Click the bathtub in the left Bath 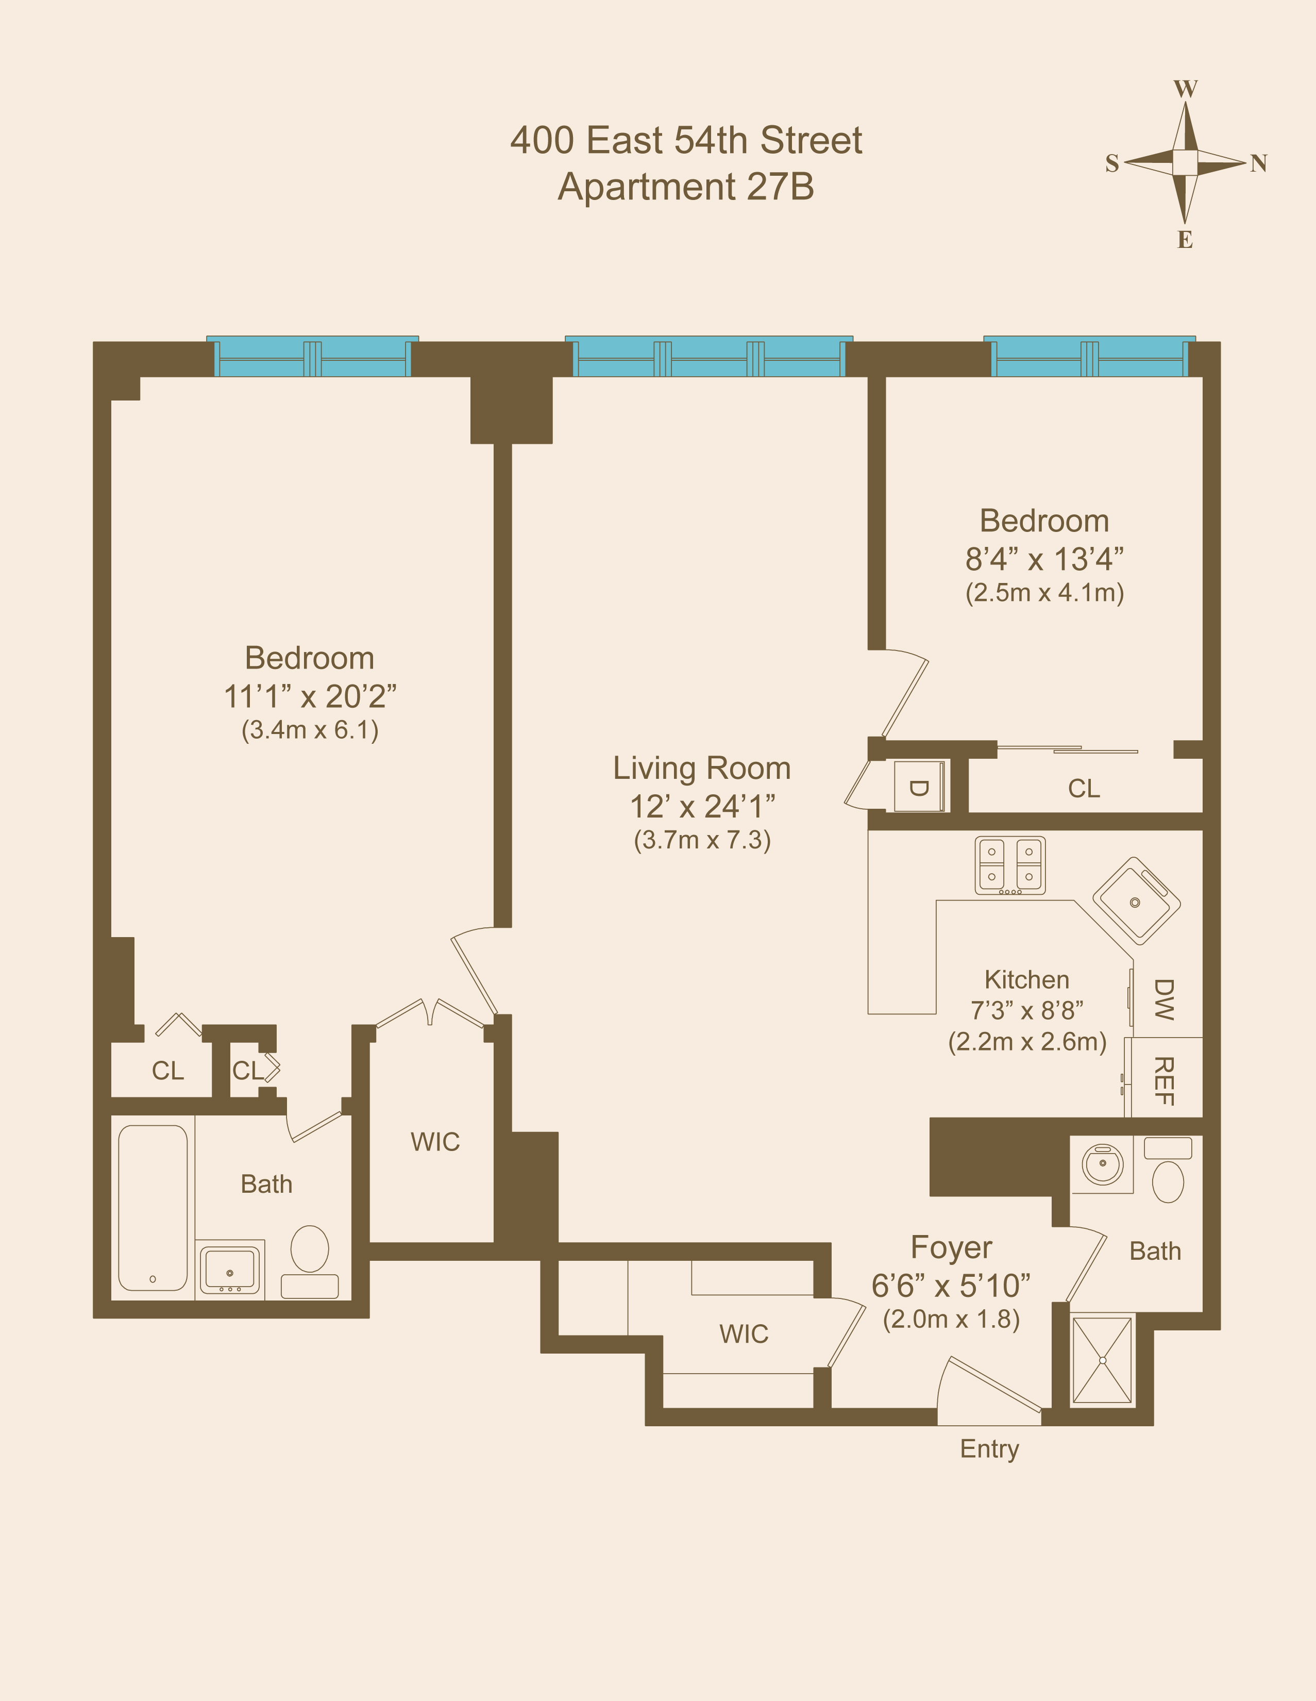point(153,1207)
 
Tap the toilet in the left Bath point(309,1249)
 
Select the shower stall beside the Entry point(1102,1360)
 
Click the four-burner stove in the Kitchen point(1010,864)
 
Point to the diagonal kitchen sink point(1136,900)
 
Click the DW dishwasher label point(1163,999)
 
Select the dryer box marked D point(919,787)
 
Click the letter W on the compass point(1185,89)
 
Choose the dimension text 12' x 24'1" point(702,807)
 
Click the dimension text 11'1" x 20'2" point(310,696)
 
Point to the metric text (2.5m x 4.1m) point(1044,593)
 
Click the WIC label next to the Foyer point(744,1333)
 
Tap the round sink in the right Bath point(1103,1164)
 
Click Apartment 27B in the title point(686,187)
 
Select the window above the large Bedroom point(312,357)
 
